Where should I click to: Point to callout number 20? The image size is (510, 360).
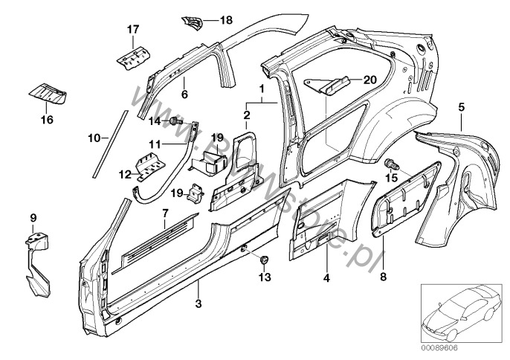click(370, 78)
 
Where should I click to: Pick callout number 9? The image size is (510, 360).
click(33, 217)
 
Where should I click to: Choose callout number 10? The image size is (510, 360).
click(93, 138)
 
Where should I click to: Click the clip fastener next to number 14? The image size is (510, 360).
click(175, 120)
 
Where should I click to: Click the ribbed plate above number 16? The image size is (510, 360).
click(47, 94)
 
